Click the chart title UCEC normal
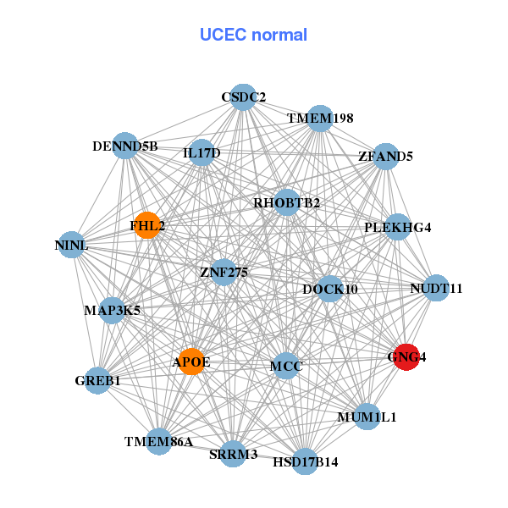point(253,35)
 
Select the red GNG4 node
point(406,356)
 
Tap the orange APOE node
point(192,362)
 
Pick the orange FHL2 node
point(147,225)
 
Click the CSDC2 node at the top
point(243,97)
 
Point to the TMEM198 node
point(320,119)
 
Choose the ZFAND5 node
point(385,157)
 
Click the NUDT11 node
point(435,289)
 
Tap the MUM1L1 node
point(367,417)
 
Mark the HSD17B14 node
point(306,461)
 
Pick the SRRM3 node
point(233,454)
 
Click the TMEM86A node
point(159,441)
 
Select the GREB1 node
point(98,380)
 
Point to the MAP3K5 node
point(112,311)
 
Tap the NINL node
point(71,245)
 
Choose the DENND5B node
point(125,146)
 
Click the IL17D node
point(202,153)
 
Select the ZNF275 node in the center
point(223,273)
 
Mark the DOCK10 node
point(329,290)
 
